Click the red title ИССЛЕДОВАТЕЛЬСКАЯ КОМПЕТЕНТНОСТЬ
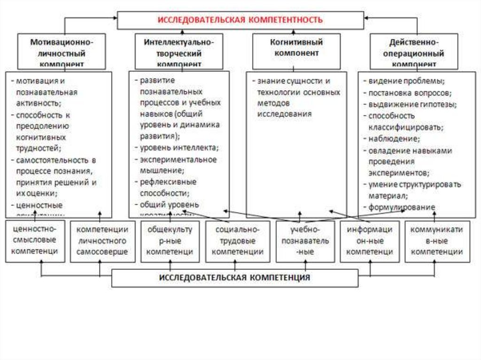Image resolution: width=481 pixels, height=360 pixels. click(240, 20)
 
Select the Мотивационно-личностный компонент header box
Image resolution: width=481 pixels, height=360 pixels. click(62, 52)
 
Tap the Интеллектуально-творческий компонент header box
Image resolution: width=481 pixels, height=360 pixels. click(178, 52)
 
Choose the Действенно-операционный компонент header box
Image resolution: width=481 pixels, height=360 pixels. click(413, 52)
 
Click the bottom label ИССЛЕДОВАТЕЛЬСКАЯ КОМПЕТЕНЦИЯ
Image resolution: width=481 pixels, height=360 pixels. click(234, 277)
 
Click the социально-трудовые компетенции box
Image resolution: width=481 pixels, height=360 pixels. click(237, 241)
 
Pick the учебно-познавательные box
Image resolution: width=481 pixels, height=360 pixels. click(305, 241)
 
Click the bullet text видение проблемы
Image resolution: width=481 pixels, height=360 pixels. click(407, 80)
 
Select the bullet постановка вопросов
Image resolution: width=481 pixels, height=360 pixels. click(410, 92)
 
